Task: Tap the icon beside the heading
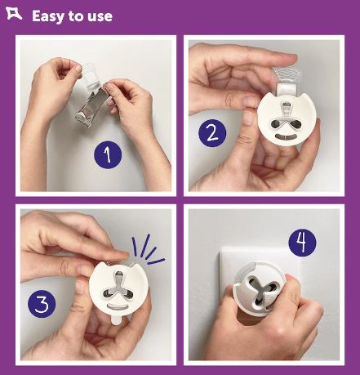[x=14, y=14]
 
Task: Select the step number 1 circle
[x=108, y=154]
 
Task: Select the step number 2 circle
[x=212, y=133]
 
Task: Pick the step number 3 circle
[x=42, y=304]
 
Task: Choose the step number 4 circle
[x=302, y=243]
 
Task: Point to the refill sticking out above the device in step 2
[x=287, y=80]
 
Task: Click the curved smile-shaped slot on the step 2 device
[x=284, y=136]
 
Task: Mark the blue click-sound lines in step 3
[x=147, y=250]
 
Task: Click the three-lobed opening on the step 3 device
[x=118, y=287]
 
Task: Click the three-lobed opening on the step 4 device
[x=260, y=290]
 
